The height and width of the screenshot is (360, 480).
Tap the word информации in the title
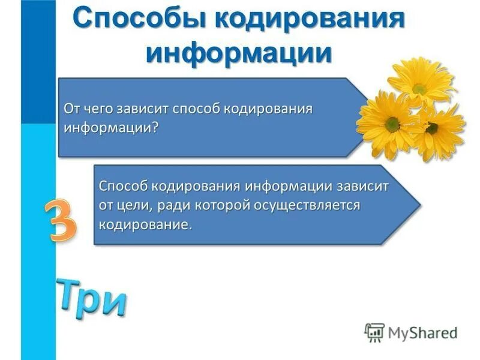coord(239,52)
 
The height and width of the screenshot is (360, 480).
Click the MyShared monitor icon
coord(374,332)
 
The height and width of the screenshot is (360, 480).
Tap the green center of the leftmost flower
coord(392,124)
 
